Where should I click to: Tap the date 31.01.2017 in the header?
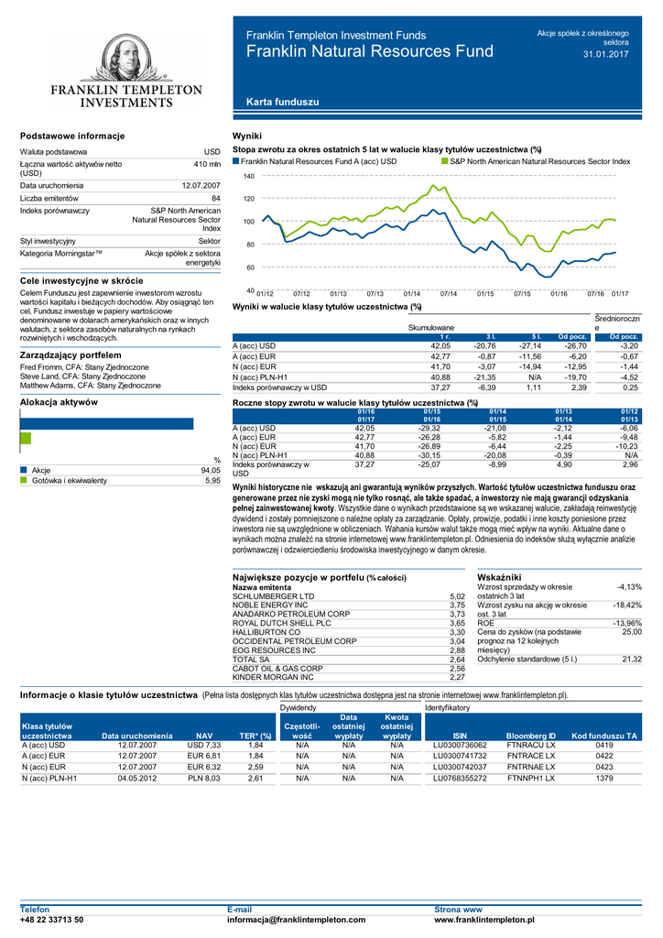click(605, 55)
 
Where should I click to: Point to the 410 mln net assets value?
click(207, 163)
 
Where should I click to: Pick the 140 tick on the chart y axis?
click(248, 175)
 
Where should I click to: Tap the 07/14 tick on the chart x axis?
click(448, 293)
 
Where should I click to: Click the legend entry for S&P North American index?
click(539, 160)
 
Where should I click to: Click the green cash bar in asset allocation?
click(26, 439)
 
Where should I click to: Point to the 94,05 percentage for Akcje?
click(211, 470)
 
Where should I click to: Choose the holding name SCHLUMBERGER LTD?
click(274, 596)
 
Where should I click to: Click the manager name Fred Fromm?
click(41, 367)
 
